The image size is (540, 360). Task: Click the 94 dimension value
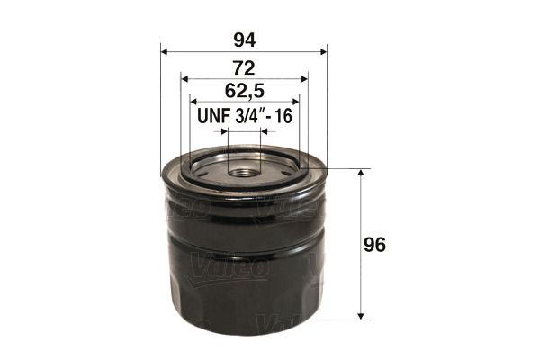coord(244,40)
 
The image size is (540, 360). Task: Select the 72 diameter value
coord(244,67)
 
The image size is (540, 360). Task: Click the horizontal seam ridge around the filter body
coord(244,248)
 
